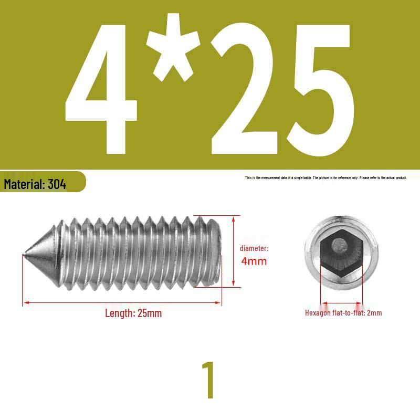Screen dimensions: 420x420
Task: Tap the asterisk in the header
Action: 173,47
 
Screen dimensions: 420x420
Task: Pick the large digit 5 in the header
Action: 320,90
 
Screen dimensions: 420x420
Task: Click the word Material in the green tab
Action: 24,184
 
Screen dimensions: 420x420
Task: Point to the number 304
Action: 57,184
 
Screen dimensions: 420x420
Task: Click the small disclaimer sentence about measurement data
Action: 325,177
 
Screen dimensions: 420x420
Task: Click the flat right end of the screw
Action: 219,252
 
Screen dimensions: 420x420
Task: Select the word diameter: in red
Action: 254,248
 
